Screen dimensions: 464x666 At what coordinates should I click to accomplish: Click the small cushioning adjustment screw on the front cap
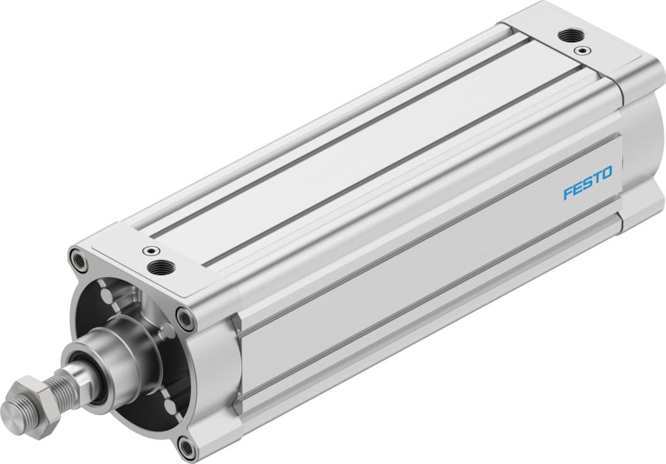pos(150,251)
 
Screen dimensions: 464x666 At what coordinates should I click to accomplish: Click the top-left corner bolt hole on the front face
pos(78,258)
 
